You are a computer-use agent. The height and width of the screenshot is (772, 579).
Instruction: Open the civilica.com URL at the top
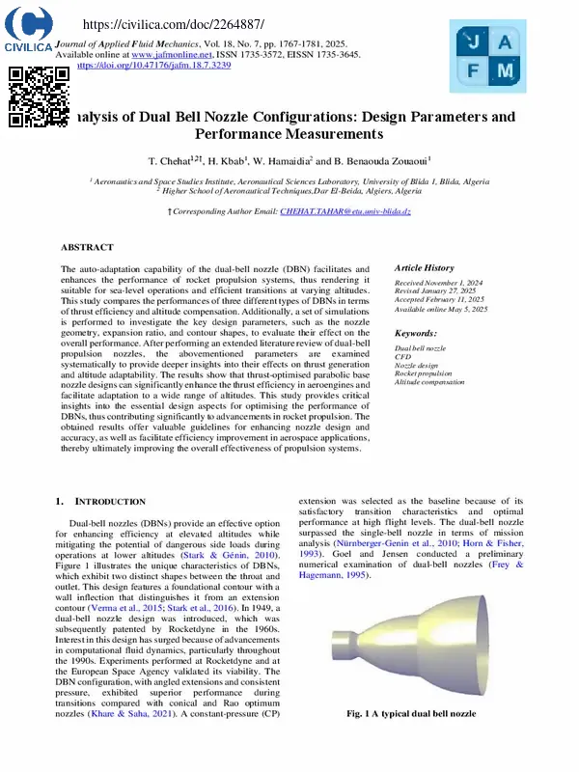tap(160, 24)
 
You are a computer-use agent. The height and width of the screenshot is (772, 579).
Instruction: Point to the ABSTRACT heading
tap(87, 248)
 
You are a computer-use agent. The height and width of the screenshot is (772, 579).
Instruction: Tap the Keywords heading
tap(417, 332)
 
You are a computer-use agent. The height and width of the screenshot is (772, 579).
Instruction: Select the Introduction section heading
tap(109, 502)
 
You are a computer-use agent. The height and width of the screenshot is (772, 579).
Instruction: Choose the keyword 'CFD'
tap(402, 357)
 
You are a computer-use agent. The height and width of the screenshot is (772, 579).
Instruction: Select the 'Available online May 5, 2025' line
tap(440, 310)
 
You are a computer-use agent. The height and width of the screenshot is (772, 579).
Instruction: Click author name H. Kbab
tap(231, 159)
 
